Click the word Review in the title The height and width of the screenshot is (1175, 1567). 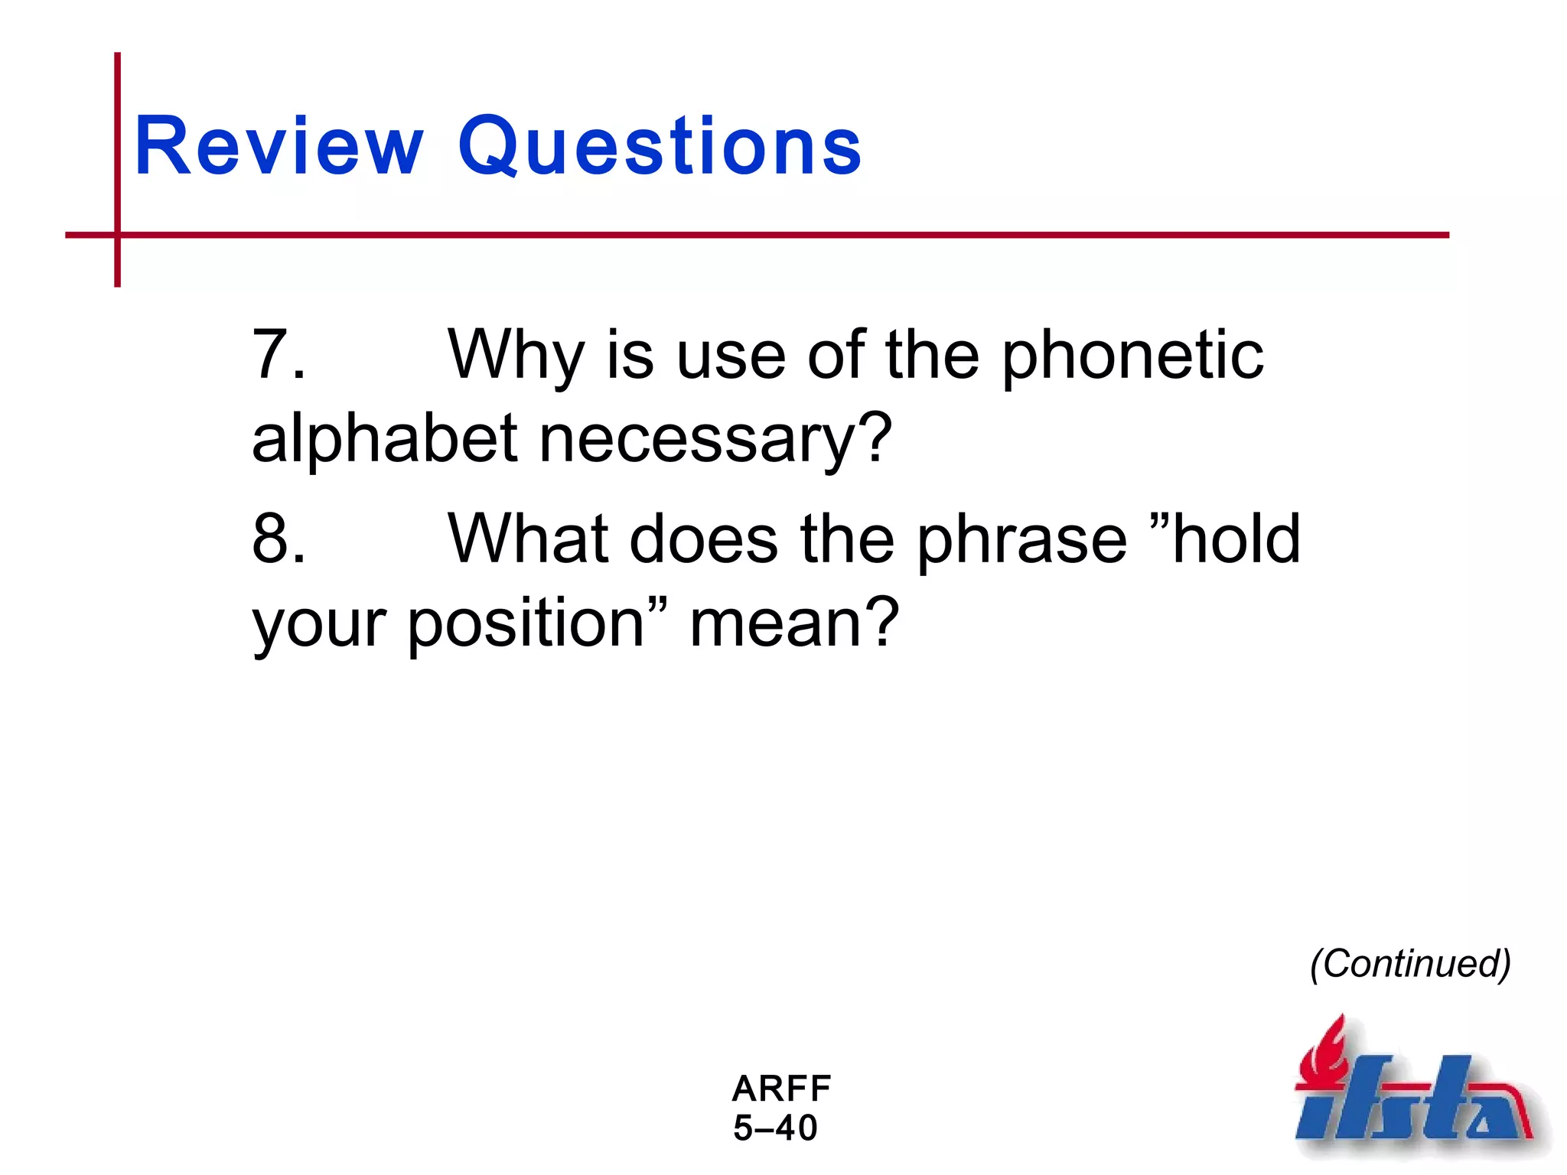point(279,147)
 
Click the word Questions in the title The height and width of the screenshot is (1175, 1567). point(660,147)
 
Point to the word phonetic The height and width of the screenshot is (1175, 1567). point(1132,356)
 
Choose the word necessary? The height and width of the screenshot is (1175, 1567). point(715,441)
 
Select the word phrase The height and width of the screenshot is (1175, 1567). point(1022,540)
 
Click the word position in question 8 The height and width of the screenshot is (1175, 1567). point(526,624)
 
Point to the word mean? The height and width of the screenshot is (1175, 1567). point(793,623)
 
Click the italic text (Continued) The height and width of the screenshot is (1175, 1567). point(1409,964)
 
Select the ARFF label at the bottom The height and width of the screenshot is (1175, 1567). point(781,1089)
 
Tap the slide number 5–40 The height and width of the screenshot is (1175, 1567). point(775,1128)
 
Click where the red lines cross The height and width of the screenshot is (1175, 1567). point(117,235)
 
